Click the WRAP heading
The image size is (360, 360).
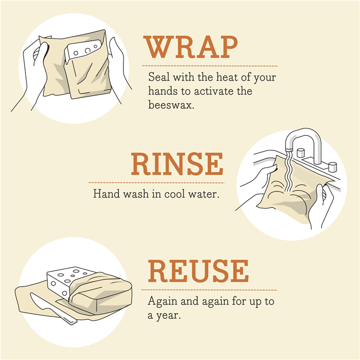click(x=190, y=47)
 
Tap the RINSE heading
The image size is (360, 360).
click(x=177, y=163)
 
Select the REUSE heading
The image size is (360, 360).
click(x=198, y=271)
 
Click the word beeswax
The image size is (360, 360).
click(x=171, y=104)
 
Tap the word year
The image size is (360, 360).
click(x=168, y=315)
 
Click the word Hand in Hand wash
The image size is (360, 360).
click(x=106, y=193)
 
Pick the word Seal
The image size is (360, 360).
click(x=159, y=77)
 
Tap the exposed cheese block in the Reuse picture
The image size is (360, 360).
click(x=66, y=280)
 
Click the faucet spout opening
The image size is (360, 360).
click(x=289, y=150)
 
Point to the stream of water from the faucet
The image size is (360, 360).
click(x=288, y=171)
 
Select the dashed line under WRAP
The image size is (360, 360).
click(x=210, y=66)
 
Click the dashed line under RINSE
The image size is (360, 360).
click(x=156, y=183)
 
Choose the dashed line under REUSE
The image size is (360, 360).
click(x=209, y=290)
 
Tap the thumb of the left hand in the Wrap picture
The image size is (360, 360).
click(x=41, y=55)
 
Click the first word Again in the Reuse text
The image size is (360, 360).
click(x=162, y=301)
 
